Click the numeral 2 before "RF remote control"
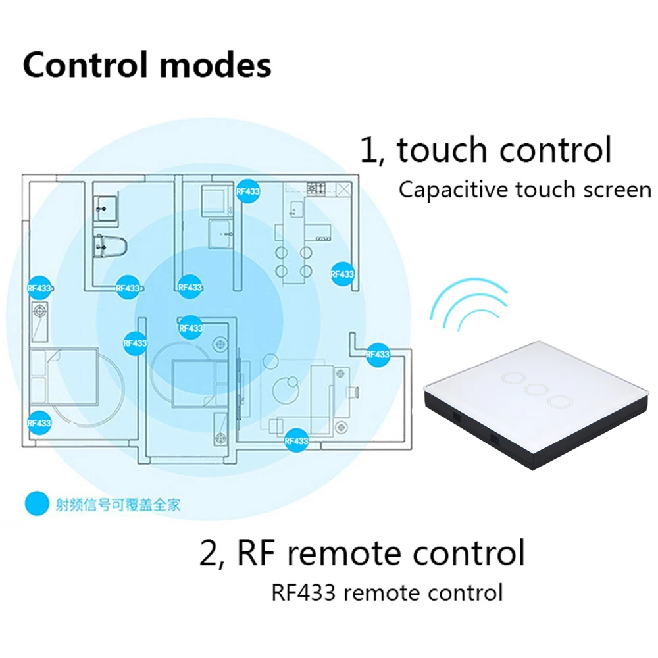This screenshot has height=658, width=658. pos(210,553)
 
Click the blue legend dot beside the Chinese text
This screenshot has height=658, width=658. pos(37,504)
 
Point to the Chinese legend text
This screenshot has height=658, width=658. pos(118,505)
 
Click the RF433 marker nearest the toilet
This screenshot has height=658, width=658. pos(128,288)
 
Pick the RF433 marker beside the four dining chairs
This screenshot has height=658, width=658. pos(342,274)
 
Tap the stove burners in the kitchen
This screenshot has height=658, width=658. pos(316,187)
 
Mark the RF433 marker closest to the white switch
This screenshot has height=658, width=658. pos(378,354)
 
